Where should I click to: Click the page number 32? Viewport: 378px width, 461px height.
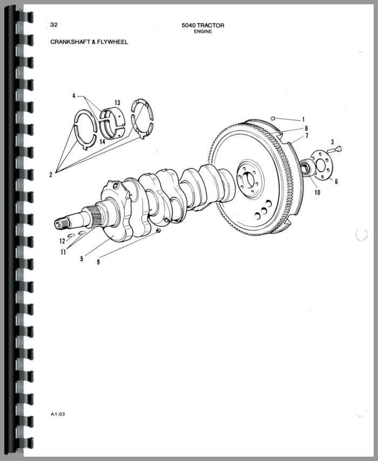54,25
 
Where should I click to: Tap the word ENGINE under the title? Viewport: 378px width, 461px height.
202,31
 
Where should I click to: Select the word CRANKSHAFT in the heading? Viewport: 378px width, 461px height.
69,42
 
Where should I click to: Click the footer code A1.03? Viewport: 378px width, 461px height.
58,414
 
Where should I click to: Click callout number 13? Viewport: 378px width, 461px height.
117,103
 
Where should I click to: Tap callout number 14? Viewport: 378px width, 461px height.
102,141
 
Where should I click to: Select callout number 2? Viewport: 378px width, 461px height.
51,175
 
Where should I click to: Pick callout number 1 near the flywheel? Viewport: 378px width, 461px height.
303,120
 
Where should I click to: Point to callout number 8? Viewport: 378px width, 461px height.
306,128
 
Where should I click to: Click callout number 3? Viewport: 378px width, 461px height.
333,143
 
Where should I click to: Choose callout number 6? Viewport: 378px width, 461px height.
336,181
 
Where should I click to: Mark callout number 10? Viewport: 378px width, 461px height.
318,193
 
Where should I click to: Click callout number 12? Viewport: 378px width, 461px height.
62,241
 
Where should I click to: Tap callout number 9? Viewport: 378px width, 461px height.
98,262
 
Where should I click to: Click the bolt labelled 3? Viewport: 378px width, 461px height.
334,150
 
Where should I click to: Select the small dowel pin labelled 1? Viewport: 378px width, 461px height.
272,118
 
